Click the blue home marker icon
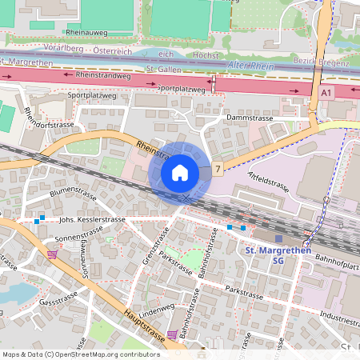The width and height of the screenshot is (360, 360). (x=180, y=173)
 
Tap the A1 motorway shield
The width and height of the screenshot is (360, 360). (x=326, y=94)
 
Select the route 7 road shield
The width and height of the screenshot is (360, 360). (x=218, y=170)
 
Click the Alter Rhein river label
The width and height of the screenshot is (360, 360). (x=250, y=65)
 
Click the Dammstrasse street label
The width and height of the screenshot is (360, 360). (x=250, y=118)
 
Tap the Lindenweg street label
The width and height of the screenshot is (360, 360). (x=156, y=309)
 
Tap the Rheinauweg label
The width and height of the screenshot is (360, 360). (x=88, y=31)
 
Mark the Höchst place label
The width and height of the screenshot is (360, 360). (x=205, y=55)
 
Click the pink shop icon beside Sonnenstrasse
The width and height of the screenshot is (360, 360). (x=53, y=254)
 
